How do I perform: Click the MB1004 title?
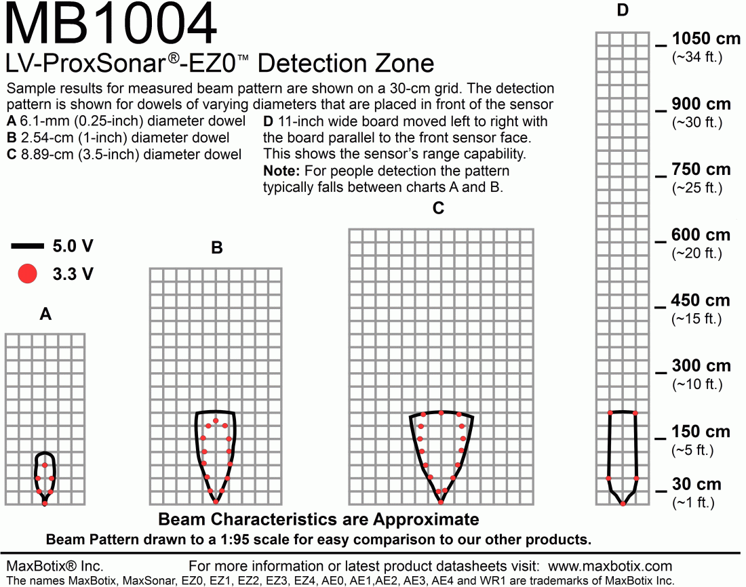coord(111,24)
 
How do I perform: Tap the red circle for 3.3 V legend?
coord(28,274)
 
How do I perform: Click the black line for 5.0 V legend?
coord(28,246)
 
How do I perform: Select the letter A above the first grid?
coord(45,314)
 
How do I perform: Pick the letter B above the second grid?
coord(216,247)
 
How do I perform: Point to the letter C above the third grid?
coord(438,208)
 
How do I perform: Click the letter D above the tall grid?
coord(623,10)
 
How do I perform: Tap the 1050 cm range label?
coord(706,39)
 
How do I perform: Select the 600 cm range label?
coord(701,235)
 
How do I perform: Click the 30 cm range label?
coord(696,484)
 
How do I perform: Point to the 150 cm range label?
coord(701,432)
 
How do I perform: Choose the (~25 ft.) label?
coord(697,188)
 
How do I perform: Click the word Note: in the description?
coord(281,171)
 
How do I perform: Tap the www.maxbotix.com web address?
coord(610,566)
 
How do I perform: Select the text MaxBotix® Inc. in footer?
coord(55,566)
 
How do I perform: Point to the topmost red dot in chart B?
coord(216,421)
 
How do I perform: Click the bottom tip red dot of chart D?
coord(623,503)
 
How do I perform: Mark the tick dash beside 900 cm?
coord(661,111)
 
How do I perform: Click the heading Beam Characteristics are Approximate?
coord(319,519)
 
